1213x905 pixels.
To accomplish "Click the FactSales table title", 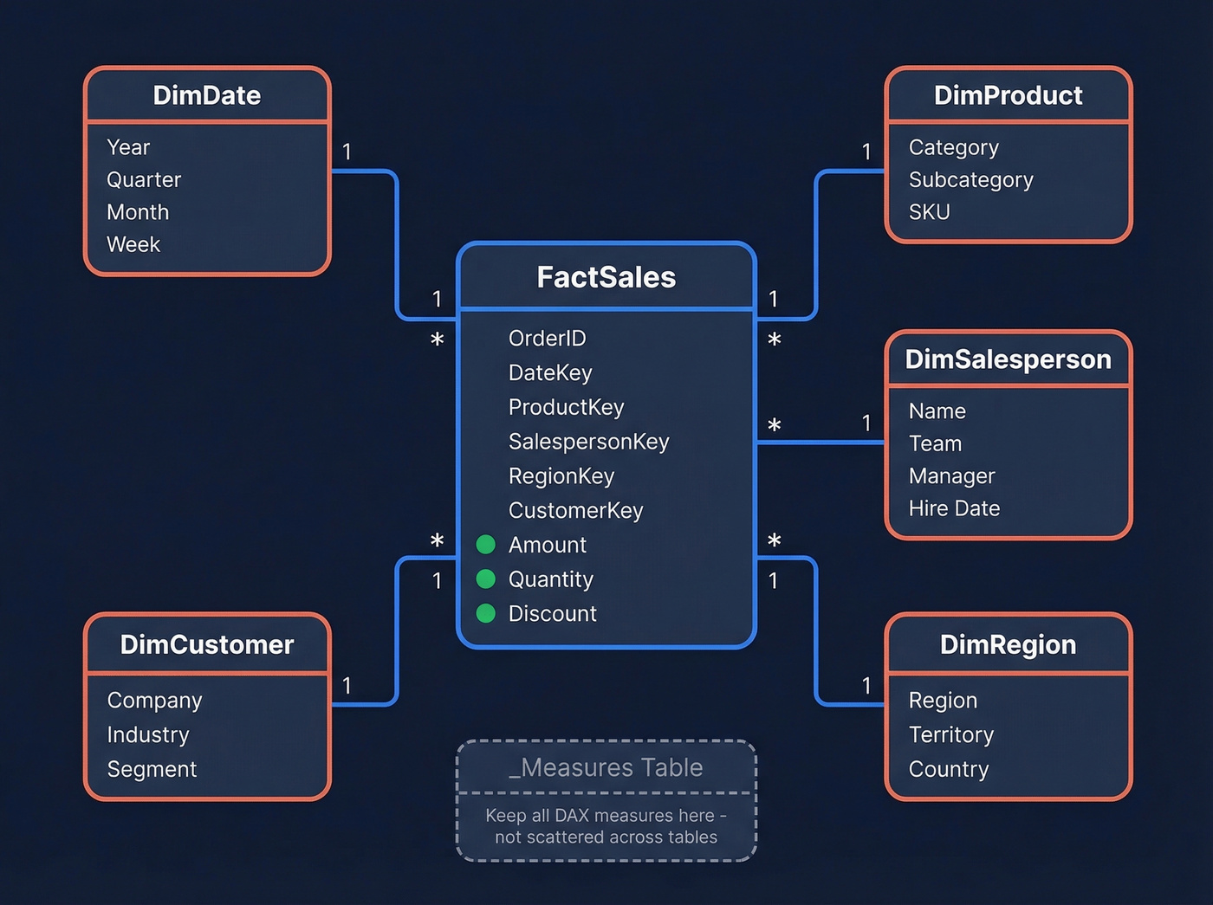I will tap(606, 277).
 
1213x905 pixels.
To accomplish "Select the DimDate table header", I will tap(206, 95).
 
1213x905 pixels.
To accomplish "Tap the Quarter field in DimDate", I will tap(144, 180).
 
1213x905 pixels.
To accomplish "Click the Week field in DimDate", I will tap(133, 245).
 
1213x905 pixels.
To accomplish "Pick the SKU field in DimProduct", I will tap(929, 212).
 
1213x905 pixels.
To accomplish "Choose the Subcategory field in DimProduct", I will tap(970, 180).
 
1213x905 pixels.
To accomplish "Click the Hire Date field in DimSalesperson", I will tap(954, 508).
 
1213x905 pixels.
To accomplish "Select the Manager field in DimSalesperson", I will tap(951, 476).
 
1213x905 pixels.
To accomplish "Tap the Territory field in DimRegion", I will tap(950, 735).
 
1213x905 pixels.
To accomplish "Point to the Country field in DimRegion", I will tap(948, 769).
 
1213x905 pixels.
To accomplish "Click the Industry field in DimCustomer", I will tap(148, 735).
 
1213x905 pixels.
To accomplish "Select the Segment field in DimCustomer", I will tap(152, 769).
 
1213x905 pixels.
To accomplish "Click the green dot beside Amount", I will tap(486, 545).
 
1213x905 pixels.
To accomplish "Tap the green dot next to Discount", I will tap(486, 613).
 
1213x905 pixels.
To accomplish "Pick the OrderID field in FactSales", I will tap(547, 339).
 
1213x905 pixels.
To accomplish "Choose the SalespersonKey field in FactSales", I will tap(588, 442).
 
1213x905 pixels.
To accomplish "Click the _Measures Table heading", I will tap(606, 767).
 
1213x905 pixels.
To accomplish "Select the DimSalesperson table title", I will tap(1008, 359).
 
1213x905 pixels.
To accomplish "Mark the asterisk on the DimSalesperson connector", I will tap(774, 426).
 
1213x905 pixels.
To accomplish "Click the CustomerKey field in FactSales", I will tap(575, 511).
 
